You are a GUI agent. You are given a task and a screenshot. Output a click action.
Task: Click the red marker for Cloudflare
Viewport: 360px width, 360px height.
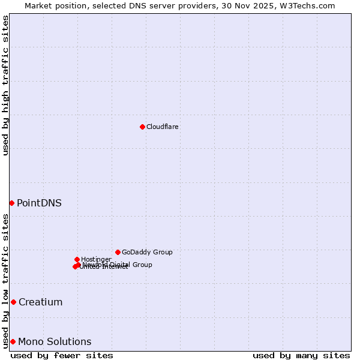click(x=142, y=127)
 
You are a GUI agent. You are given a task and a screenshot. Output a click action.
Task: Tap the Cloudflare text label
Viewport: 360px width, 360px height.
click(x=163, y=127)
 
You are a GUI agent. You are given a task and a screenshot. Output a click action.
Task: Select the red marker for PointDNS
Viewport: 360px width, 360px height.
click(x=11, y=203)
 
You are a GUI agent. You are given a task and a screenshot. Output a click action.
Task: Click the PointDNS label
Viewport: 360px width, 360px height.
click(x=39, y=203)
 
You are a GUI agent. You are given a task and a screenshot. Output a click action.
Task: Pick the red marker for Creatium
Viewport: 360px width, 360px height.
click(x=13, y=302)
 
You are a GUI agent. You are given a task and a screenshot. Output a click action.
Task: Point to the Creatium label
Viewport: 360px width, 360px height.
click(x=40, y=302)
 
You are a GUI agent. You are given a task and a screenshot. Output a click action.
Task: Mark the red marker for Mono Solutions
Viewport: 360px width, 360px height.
click(x=13, y=341)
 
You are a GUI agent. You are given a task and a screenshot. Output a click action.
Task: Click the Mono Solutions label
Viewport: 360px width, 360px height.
click(x=55, y=341)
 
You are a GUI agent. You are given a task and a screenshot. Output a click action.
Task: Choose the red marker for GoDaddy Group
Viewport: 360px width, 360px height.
click(x=118, y=252)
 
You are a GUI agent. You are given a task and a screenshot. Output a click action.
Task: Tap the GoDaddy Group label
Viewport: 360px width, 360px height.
click(x=147, y=252)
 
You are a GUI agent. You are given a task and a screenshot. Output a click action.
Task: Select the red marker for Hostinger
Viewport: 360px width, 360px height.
click(x=77, y=259)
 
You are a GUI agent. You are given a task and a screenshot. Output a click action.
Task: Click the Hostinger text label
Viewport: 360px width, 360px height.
click(x=96, y=259)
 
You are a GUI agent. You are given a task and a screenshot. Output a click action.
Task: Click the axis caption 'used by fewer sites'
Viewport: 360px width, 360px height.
click(x=62, y=355)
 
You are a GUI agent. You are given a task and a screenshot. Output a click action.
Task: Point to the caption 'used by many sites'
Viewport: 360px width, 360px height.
click(x=301, y=355)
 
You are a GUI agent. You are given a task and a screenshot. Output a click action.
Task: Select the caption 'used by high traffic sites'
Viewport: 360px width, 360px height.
click(x=5, y=85)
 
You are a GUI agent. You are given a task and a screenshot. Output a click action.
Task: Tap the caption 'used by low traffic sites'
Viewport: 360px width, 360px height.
click(x=5, y=281)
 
